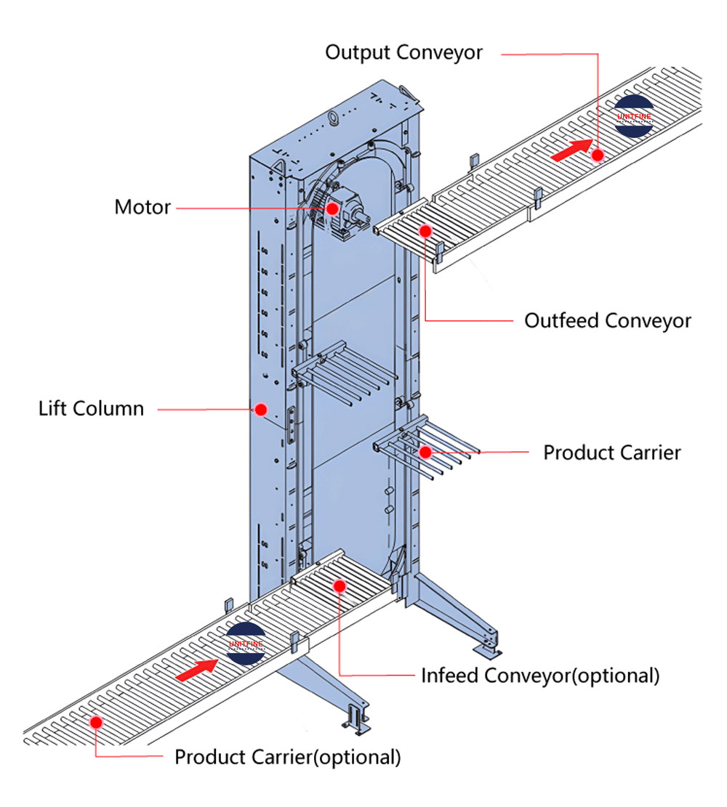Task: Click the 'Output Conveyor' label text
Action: click(403, 53)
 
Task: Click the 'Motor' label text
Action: click(142, 207)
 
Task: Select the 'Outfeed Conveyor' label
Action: click(608, 320)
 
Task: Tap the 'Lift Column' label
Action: click(92, 408)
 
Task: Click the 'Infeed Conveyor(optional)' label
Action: click(540, 675)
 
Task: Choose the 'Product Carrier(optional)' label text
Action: click(287, 757)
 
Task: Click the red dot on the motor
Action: click(332, 208)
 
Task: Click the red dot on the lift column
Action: click(260, 410)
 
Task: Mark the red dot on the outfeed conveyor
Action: click(425, 231)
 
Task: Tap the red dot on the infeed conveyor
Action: click(339, 585)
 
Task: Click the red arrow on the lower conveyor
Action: click(197, 669)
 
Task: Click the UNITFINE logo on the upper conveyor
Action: click(634, 115)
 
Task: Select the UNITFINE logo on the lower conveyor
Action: click(246, 644)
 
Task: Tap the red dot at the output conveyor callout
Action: click(598, 154)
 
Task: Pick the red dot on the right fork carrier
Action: click(425, 452)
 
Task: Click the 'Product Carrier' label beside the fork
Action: click(612, 453)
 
